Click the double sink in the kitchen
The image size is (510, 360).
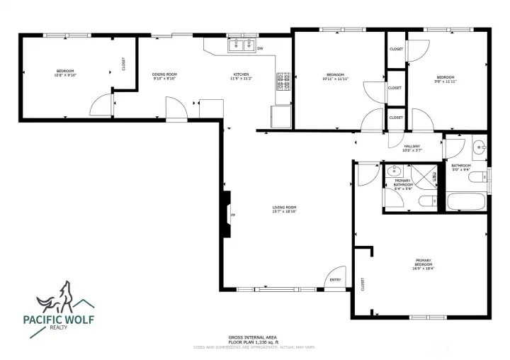click(242, 47)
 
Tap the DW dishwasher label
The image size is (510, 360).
click(260, 48)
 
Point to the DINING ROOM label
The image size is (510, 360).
click(164, 74)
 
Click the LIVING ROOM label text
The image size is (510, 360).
click(284, 208)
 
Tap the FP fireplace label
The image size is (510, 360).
click(233, 215)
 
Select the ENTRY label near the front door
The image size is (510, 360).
click(336, 279)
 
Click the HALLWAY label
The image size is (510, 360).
click(412, 146)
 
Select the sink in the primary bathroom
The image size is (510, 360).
click(395, 171)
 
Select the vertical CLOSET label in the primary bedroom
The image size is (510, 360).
click(363, 284)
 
